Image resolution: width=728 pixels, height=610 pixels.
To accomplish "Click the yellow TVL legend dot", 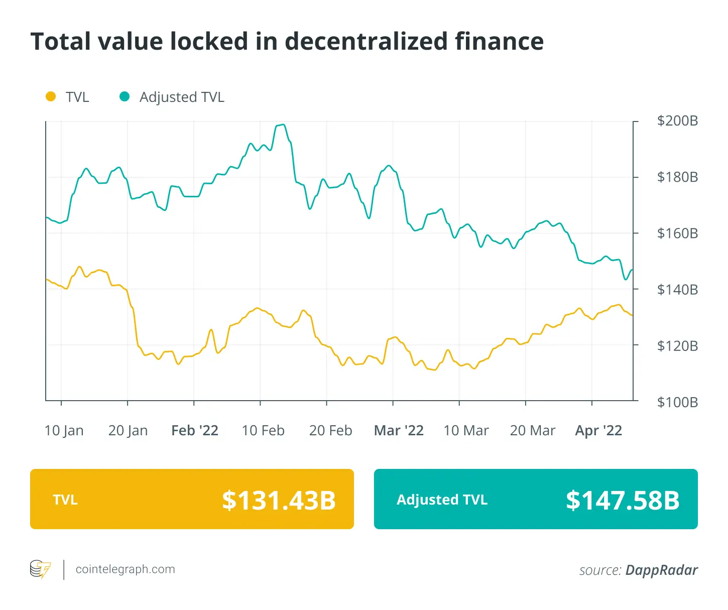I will [x=51, y=96].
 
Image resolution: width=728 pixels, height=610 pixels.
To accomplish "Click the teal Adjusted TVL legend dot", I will [x=125, y=96].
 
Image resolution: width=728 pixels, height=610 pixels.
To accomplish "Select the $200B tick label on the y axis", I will [x=677, y=121].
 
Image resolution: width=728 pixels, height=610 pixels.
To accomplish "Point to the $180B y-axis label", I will [x=677, y=177].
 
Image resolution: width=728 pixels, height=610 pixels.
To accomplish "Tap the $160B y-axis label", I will [x=677, y=233].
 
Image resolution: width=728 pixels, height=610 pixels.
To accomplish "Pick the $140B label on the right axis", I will [x=677, y=290].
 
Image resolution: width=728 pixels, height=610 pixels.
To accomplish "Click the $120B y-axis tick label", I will [x=677, y=346].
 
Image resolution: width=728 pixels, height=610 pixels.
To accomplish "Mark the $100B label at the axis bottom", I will [x=677, y=402].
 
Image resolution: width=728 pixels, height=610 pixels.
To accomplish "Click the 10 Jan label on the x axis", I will [x=64, y=431].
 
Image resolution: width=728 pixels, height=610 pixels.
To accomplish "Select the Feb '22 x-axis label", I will [x=195, y=431].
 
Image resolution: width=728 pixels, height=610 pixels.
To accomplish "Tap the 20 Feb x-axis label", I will [x=330, y=431].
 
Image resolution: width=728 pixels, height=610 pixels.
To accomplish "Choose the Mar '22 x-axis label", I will [x=399, y=431].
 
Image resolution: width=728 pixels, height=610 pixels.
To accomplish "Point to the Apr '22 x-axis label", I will [x=598, y=431].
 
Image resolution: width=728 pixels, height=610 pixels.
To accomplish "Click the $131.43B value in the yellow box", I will [x=279, y=500].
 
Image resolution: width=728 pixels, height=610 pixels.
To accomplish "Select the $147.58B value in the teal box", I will [x=623, y=500].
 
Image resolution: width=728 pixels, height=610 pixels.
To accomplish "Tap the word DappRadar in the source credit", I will [x=662, y=570].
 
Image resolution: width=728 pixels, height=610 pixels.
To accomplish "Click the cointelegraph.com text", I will [x=126, y=569].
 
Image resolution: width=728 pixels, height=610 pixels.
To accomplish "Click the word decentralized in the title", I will [x=366, y=42].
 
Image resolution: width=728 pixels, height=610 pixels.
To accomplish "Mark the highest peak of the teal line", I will [x=283, y=125].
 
